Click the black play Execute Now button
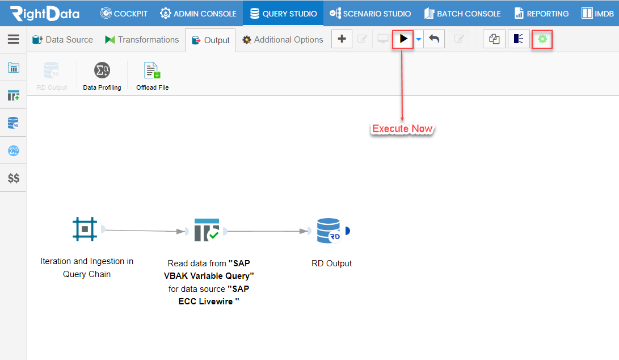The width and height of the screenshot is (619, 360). point(403,39)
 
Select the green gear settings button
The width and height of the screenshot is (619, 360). point(542,39)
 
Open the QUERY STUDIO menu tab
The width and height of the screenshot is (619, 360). point(283,14)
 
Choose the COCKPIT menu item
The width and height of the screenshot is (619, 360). point(124,14)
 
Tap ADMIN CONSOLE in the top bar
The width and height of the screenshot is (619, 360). point(198,14)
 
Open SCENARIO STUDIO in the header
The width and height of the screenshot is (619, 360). point(370,14)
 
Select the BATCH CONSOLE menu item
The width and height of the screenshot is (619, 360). point(462,14)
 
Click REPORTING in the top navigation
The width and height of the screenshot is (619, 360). point(542,14)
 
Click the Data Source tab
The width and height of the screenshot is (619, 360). point(62,40)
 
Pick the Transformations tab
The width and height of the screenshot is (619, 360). point(142,40)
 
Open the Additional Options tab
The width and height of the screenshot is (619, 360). point(283,40)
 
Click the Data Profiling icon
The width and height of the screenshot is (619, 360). point(102,70)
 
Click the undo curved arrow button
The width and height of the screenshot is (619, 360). point(434,39)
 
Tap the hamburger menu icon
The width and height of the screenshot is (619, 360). point(14,39)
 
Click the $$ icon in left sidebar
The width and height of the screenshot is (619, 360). point(14,178)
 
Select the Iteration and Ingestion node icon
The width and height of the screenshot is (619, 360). point(85,229)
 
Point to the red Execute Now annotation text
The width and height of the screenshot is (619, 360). point(402,129)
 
